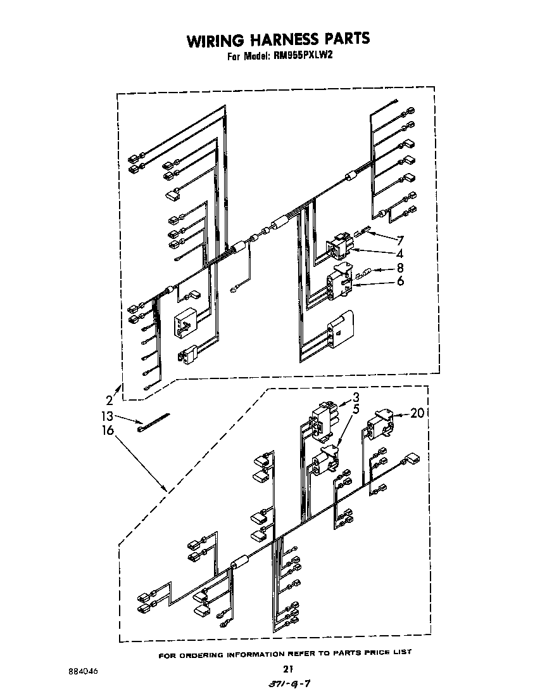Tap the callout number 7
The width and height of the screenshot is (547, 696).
point(400,241)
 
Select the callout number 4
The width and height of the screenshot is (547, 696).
point(400,254)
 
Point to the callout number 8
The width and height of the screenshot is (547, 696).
point(400,267)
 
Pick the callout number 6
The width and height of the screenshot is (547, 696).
point(400,281)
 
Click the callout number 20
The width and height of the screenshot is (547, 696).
point(418,413)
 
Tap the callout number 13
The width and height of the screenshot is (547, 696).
point(107,416)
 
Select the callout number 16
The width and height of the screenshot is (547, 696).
point(108,430)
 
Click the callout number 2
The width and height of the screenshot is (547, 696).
point(110,401)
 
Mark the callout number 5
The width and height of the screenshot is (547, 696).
point(356,409)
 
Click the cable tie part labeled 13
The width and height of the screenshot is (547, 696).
point(153,422)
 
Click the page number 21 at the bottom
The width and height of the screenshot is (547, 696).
point(288,669)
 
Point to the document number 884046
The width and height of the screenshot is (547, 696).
point(84,671)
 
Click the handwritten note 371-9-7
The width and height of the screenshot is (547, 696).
point(289,683)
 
